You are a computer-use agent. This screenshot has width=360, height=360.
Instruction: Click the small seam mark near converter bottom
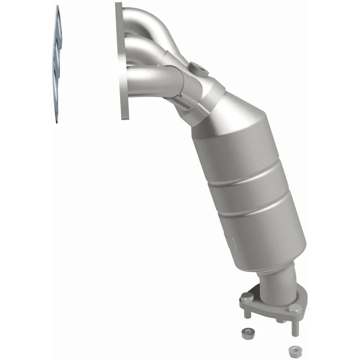click(232, 243)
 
